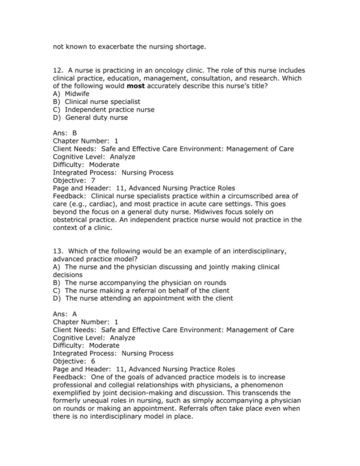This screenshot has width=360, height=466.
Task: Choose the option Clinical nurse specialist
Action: click(x=104, y=102)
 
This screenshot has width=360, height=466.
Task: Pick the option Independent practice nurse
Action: click(x=109, y=110)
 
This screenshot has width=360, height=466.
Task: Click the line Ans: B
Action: click(x=65, y=133)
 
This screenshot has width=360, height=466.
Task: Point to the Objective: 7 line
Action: click(x=74, y=180)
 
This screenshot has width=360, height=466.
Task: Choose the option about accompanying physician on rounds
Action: click(x=146, y=282)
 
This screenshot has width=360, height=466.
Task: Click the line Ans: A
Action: click(x=65, y=313)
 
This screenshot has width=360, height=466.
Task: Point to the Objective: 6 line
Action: click(x=74, y=361)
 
